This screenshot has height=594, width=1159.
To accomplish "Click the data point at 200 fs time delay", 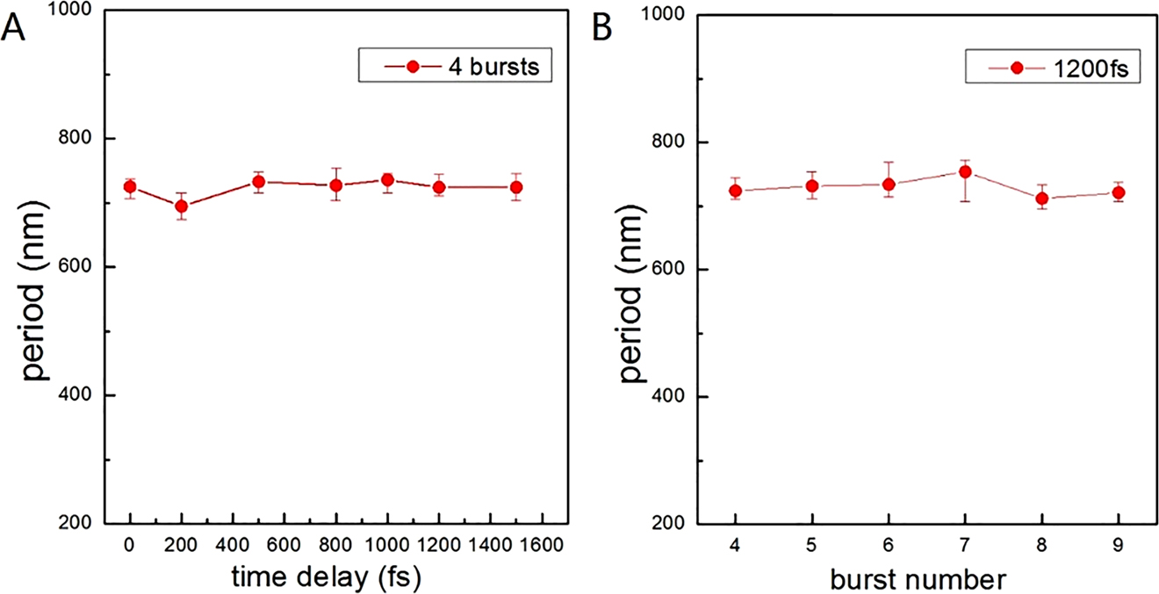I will point(182,206).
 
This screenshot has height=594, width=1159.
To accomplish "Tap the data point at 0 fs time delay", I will point(130,186).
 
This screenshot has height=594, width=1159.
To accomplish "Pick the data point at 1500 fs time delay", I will point(516,187).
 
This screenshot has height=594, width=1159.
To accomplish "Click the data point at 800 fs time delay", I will point(335,185).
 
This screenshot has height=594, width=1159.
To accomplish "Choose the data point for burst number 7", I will point(965,172).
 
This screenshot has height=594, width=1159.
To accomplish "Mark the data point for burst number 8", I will point(1041,199).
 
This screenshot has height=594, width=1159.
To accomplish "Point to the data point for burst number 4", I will point(736,191).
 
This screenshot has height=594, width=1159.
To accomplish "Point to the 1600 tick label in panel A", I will point(542,545).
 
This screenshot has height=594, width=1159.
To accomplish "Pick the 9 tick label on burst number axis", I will point(1118,545).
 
